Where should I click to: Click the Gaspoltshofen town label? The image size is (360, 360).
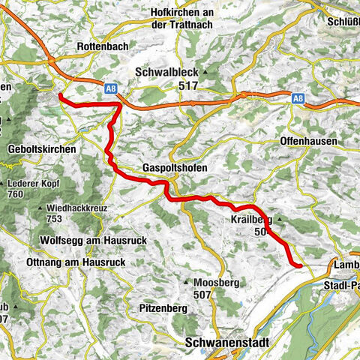(x=175, y=168)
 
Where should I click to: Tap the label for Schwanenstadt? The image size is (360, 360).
(x=229, y=342)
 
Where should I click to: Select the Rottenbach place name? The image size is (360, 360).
(x=103, y=46)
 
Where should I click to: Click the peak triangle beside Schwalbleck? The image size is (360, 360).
(x=202, y=72)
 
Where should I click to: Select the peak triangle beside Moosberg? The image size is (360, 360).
(x=186, y=282)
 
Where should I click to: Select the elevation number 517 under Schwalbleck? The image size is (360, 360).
(x=169, y=86)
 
